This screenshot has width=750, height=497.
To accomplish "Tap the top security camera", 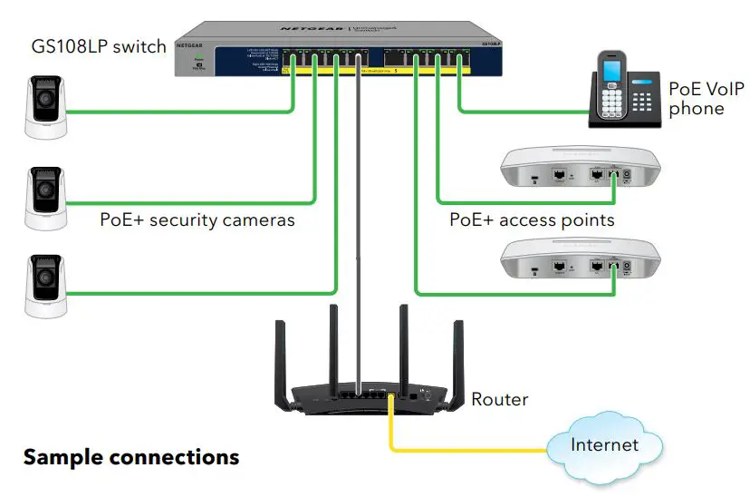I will (x=45, y=107).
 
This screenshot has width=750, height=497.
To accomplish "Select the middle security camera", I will (x=45, y=196).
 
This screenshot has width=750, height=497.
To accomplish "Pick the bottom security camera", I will (x=45, y=285).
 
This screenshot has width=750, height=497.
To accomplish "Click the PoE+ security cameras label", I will (x=197, y=220).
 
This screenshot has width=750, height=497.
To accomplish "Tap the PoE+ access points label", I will (x=532, y=220).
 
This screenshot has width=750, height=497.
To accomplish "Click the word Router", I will (x=499, y=399).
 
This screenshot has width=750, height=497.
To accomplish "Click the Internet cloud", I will (x=602, y=446).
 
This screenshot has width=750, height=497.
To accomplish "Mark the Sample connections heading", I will (x=131, y=457).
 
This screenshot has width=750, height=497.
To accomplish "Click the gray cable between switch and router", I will (x=361, y=227).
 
